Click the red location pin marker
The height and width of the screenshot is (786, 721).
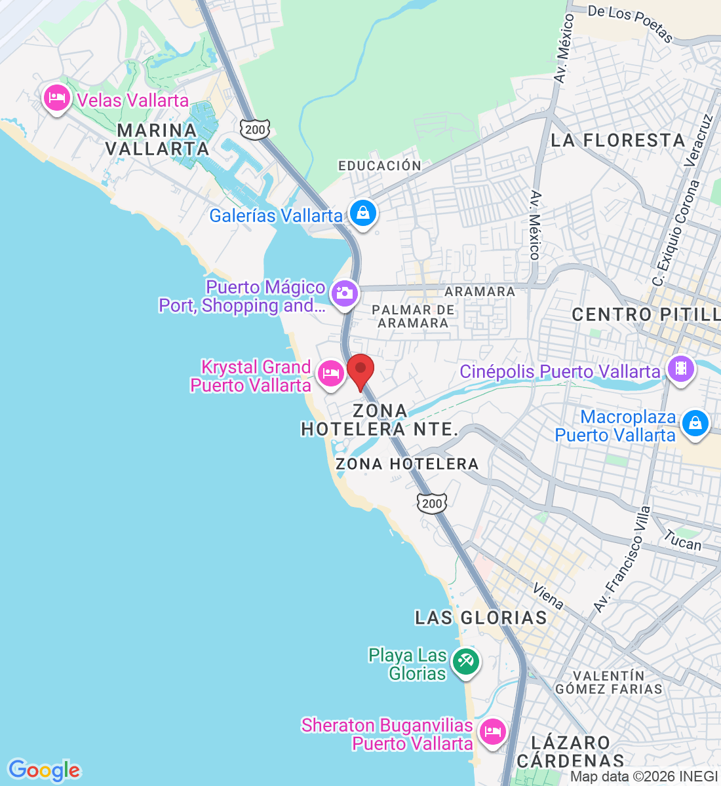pyautogui.click(x=360, y=371)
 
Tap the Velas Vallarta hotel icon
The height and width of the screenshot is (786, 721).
pyautogui.click(x=56, y=99)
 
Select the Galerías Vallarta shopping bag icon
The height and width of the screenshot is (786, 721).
pyautogui.click(x=362, y=214)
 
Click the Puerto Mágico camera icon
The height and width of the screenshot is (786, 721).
pyautogui.click(x=344, y=293)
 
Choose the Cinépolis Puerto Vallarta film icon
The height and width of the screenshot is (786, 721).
pyautogui.click(x=681, y=369)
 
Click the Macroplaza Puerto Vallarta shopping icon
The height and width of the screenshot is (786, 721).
pyautogui.click(x=695, y=423)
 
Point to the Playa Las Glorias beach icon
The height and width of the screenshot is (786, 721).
pyautogui.click(x=466, y=661)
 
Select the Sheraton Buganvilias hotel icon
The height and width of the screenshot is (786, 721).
pyautogui.click(x=492, y=732)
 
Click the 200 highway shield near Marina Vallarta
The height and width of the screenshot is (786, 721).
pyautogui.click(x=254, y=129)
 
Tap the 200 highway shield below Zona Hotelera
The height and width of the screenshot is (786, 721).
pyautogui.click(x=432, y=503)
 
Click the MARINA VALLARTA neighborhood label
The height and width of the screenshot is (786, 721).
pyautogui.click(x=157, y=140)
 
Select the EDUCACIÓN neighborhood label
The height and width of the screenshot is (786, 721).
pyautogui.click(x=380, y=166)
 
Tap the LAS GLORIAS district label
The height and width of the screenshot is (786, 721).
pyautogui.click(x=481, y=618)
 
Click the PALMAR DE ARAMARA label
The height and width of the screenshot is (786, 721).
pyautogui.click(x=414, y=316)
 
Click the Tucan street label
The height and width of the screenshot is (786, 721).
pyautogui.click(x=682, y=541)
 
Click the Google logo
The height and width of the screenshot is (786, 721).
pyautogui.click(x=44, y=770)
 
